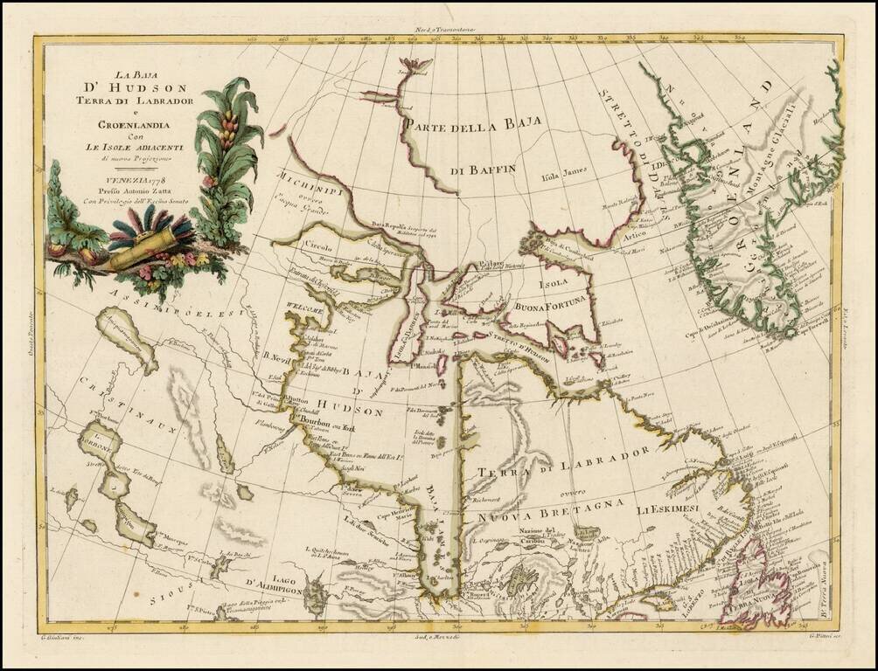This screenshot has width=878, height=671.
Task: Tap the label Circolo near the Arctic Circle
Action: pos(319,246)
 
